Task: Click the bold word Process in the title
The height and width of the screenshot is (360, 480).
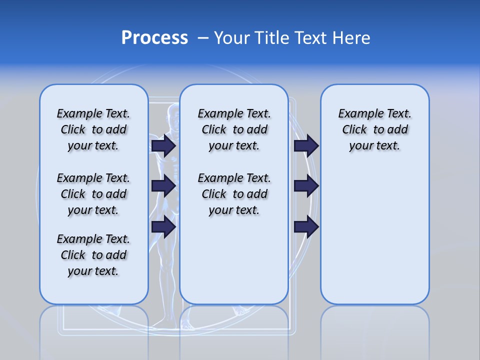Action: [x=154, y=38]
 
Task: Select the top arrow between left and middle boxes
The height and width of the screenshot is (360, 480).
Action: [x=163, y=145]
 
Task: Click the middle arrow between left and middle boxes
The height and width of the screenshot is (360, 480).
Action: [x=163, y=186]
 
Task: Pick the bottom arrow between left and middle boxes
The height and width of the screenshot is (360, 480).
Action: [x=163, y=226]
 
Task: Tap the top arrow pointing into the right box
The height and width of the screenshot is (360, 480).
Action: [x=306, y=145]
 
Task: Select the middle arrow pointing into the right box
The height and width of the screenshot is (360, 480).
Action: [x=306, y=186]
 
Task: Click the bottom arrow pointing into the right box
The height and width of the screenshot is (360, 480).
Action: [x=306, y=226]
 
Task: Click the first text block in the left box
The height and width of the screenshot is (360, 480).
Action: [x=93, y=129]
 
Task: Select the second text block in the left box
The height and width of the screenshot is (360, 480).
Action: [x=93, y=194]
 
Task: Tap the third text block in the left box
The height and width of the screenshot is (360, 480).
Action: [x=93, y=255]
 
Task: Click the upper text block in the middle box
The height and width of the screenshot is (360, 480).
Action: [x=234, y=129]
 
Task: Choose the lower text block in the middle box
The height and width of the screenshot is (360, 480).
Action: [x=234, y=194]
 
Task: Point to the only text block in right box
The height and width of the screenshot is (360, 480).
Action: [x=374, y=129]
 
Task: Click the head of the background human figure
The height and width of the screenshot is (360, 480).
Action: [x=173, y=114]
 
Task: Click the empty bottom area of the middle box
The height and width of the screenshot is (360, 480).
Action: [x=234, y=260]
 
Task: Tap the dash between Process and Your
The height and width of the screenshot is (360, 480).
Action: [x=203, y=38]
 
